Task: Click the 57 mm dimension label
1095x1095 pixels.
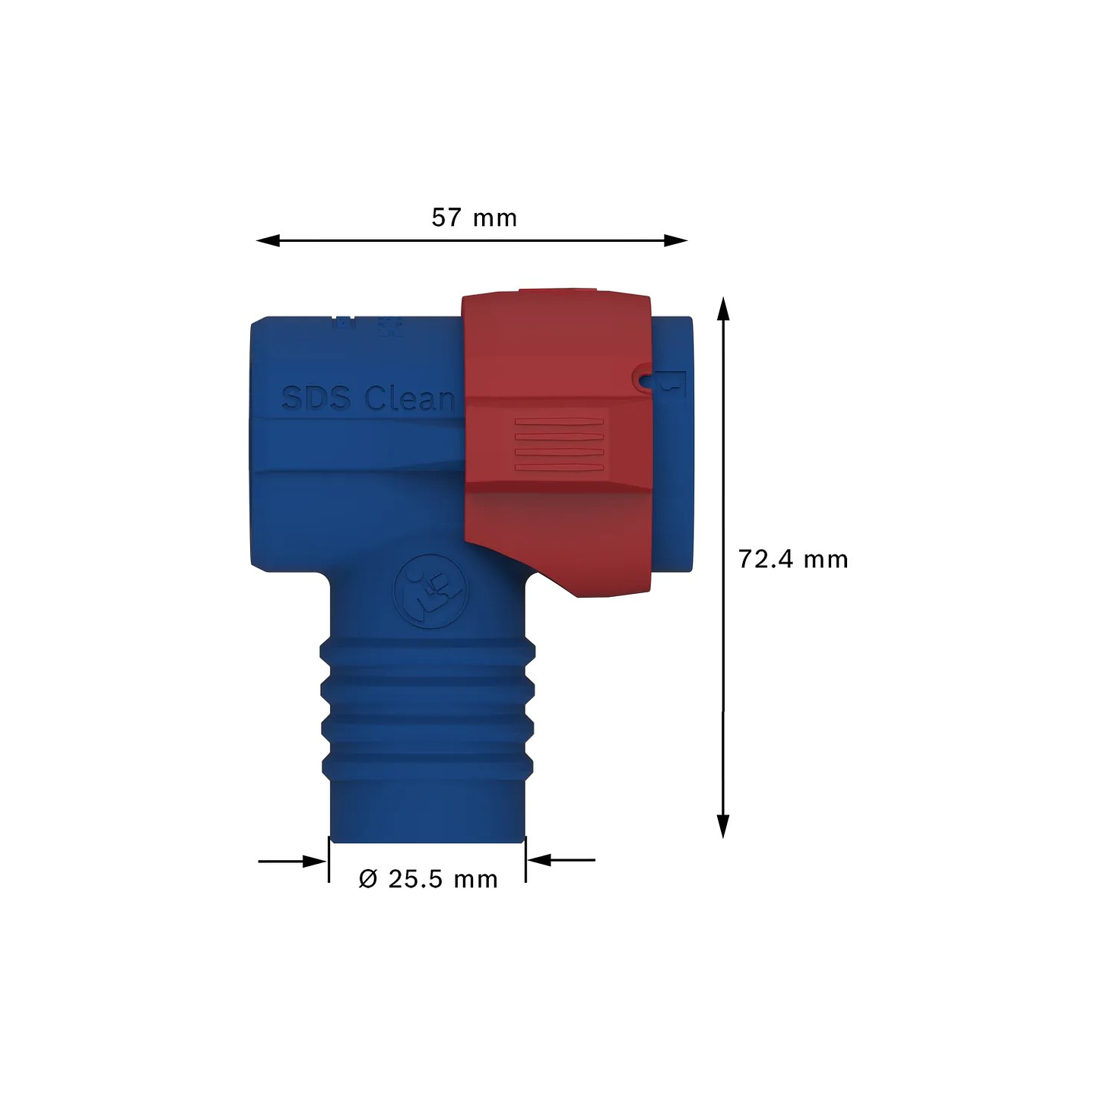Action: tap(474, 218)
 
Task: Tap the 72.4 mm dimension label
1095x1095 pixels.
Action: tap(792, 560)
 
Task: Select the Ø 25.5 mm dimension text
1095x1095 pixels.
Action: tap(428, 879)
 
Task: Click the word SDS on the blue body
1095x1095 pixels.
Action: tap(316, 398)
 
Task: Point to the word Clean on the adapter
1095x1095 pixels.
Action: tap(409, 398)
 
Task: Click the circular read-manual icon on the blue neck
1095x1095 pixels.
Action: tap(428, 590)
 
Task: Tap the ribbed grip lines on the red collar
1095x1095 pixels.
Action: tap(559, 445)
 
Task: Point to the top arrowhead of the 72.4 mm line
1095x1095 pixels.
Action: tap(723, 308)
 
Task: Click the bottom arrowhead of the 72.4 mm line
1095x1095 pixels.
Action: tap(723, 827)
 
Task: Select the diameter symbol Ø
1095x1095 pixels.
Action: tap(368, 879)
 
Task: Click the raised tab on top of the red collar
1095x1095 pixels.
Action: tap(557, 291)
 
